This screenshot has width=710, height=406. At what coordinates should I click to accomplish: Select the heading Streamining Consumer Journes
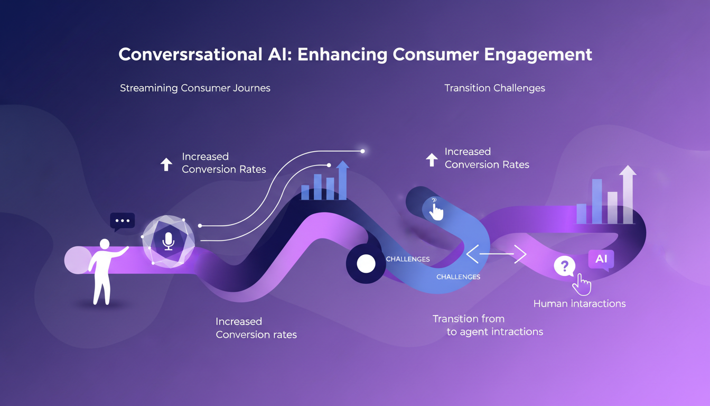(195, 88)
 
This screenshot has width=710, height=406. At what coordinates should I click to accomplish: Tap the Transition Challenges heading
(494, 88)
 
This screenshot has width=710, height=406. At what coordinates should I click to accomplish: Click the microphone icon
(169, 242)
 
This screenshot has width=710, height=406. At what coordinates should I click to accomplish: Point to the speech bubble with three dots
(122, 221)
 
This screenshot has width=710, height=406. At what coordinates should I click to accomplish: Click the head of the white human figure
(105, 244)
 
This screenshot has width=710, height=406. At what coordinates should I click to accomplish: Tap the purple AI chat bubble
(601, 260)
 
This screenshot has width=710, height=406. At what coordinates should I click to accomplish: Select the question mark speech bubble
(564, 265)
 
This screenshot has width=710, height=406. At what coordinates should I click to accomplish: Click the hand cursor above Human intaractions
(582, 284)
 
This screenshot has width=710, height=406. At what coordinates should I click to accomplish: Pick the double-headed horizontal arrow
(496, 255)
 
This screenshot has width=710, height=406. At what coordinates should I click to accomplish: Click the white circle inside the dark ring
(366, 263)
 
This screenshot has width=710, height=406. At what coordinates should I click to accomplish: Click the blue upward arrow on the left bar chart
(342, 179)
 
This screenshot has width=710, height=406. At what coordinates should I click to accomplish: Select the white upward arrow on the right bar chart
(628, 193)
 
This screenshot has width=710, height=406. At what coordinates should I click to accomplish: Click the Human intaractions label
(580, 303)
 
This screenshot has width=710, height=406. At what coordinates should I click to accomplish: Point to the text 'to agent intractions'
(495, 332)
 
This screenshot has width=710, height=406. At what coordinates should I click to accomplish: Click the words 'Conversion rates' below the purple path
(256, 334)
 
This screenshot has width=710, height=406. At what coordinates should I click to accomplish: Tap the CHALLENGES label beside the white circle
(408, 259)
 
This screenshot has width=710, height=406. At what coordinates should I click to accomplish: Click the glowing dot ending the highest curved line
(362, 151)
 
